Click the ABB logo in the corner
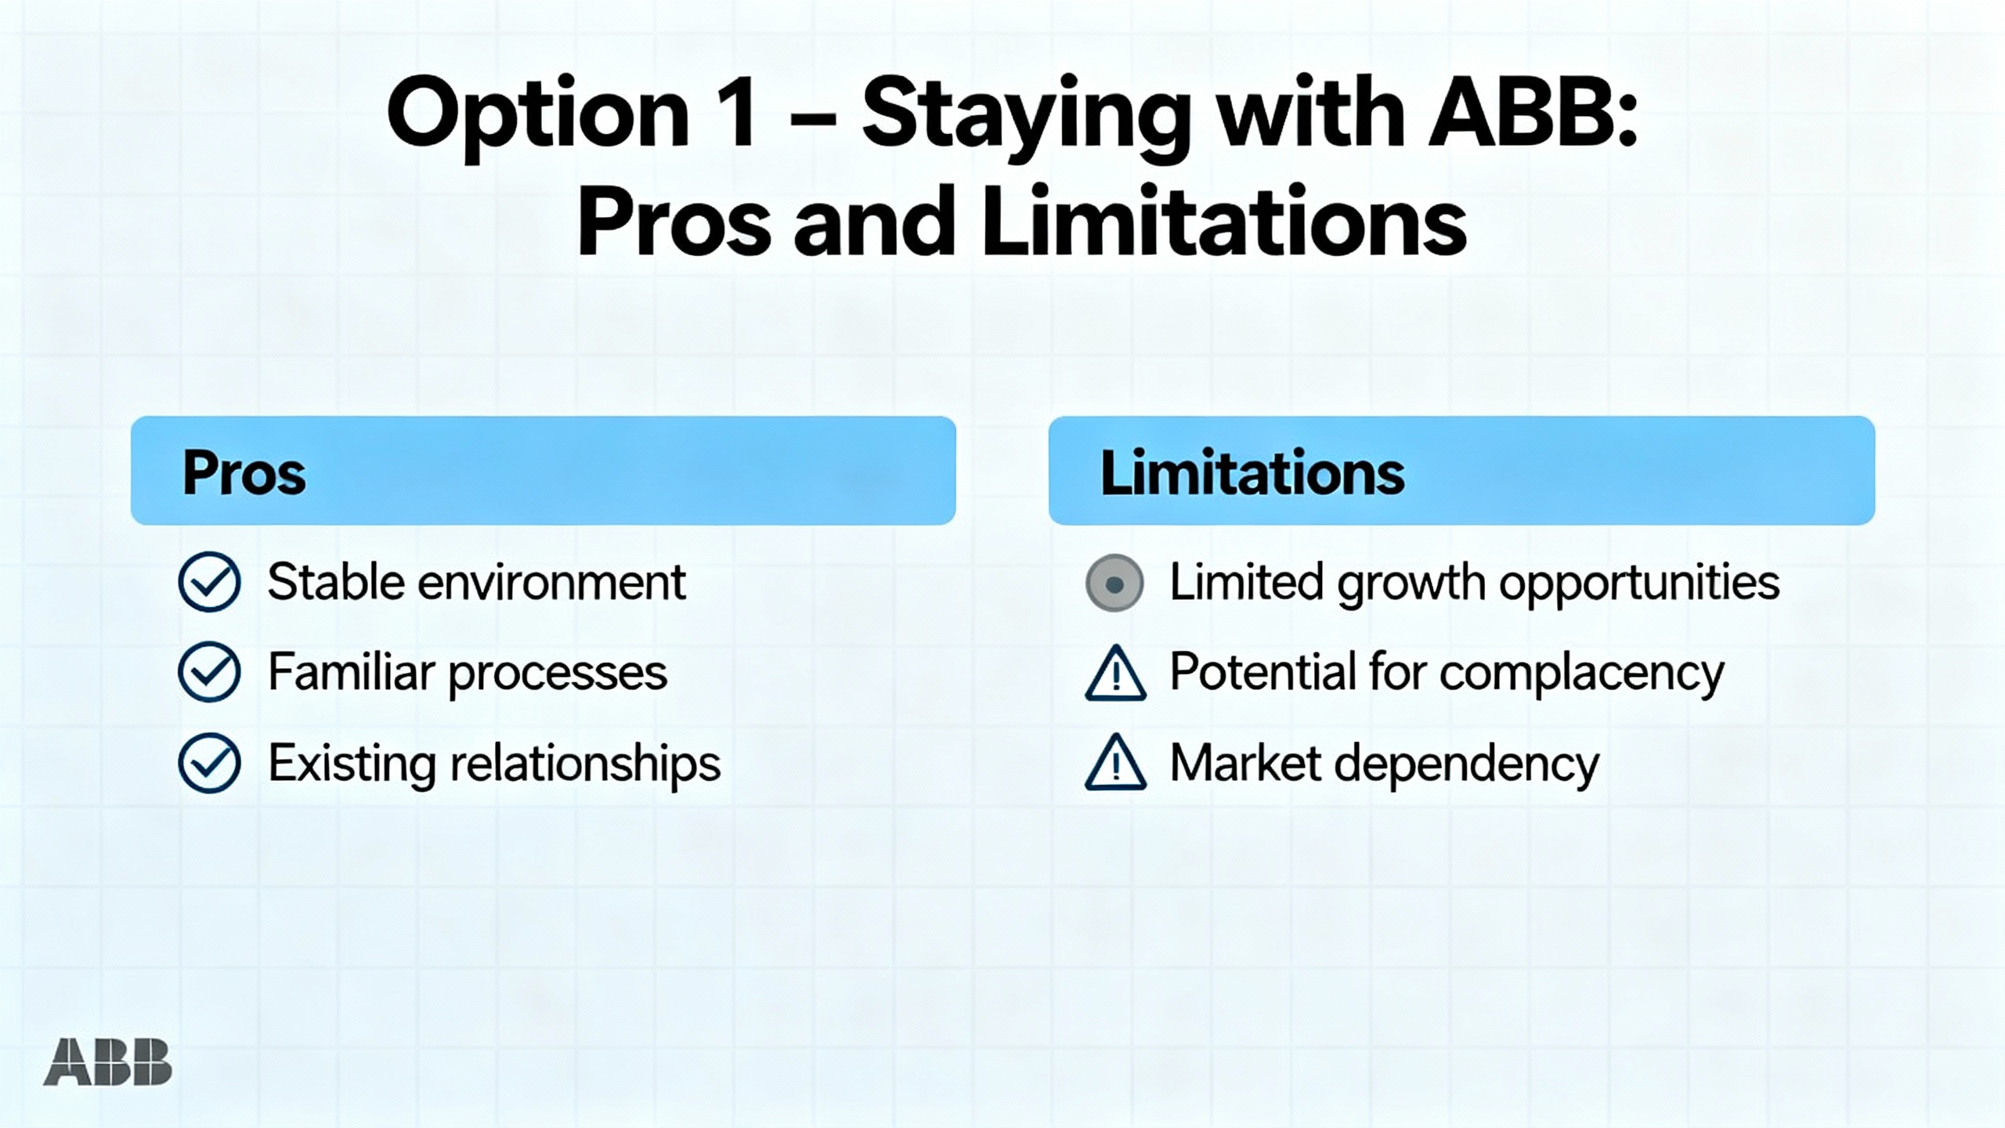107,1062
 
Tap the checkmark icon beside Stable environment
209,582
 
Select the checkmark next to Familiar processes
209,672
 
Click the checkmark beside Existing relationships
209,763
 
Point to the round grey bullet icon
1114,583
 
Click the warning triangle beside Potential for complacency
1115,674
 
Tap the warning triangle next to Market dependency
1115,764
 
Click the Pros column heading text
244,474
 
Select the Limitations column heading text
1252,472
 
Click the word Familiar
351,671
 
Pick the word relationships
585,765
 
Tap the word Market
1246,763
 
